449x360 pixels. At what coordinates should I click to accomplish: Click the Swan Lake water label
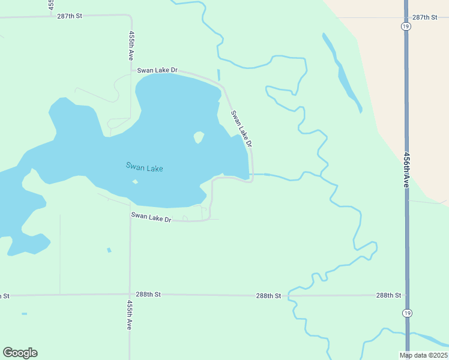(144, 167)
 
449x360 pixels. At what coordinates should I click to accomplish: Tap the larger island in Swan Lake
(199, 137)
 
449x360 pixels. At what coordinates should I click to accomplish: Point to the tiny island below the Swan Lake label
(135, 182)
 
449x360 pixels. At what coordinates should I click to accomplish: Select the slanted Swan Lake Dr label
(241, 128)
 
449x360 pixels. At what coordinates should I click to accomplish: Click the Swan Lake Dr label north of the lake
(157, 70)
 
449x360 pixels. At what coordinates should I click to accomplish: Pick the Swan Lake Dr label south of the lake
(151, 217)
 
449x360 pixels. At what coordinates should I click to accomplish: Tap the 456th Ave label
(406, 169)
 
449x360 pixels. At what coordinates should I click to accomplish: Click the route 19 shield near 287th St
(406, 26)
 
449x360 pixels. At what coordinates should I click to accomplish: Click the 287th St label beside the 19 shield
(424, 17)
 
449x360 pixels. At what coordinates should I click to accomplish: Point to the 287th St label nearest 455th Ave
(70, 16)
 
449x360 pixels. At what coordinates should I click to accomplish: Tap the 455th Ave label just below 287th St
(131, 46)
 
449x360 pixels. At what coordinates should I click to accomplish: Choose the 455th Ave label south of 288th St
(130, 315)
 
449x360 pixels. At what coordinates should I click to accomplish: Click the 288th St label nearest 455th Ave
(148, 295)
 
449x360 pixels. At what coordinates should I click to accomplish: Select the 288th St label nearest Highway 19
(388, 295)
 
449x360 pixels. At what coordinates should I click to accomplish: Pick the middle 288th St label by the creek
(268, 296)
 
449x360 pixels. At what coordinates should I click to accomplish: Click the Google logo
(20, 353)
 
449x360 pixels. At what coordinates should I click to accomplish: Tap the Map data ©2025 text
(423, 355)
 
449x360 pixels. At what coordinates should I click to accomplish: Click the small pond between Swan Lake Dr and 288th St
(109, 250)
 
